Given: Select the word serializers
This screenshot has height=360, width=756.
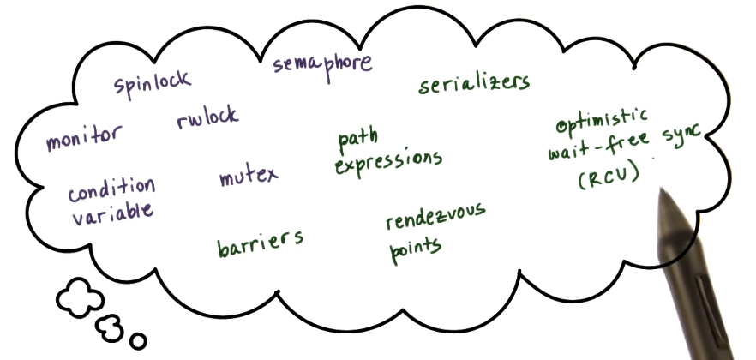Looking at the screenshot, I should tap(474, 83).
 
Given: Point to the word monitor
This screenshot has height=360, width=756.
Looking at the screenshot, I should tap(84, 137).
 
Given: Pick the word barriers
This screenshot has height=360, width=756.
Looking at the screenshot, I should tap(260, 241).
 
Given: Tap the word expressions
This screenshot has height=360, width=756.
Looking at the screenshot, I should tap(388, 160).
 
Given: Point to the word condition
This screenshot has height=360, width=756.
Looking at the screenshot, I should tap(111, 189).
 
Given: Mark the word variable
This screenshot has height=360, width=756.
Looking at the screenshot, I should tap(112, 212).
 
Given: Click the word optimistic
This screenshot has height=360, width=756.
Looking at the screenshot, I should tap(603, 121).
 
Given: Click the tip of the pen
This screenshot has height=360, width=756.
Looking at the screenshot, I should tap(662, 191).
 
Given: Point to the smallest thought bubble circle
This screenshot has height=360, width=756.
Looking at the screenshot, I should tap(137, 340).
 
